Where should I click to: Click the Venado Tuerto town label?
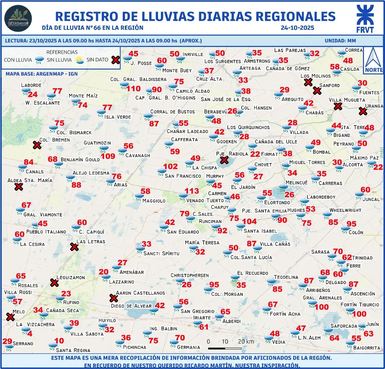point(205,200)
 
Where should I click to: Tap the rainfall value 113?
point(192,191)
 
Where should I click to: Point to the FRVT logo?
point(365,19)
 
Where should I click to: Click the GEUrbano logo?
point(18,18)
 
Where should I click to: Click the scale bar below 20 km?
point(225,349)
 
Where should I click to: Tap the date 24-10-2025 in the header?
point(297,28)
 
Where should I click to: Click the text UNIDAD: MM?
point(340,41)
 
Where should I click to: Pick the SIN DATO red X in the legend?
point(115,60)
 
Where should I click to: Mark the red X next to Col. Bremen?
point(37,145)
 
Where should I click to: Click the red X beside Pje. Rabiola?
point(224,160)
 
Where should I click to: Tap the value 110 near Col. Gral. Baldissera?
point(133,89)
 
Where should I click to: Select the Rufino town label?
point(71,302)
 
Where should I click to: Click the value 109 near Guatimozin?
point(108,156)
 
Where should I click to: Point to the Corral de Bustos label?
point(172,112)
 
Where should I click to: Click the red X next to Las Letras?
point(74,247)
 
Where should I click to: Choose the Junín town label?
point(372,324)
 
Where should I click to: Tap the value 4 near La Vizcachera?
point(29,333)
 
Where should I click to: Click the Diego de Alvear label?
point(131,306)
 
